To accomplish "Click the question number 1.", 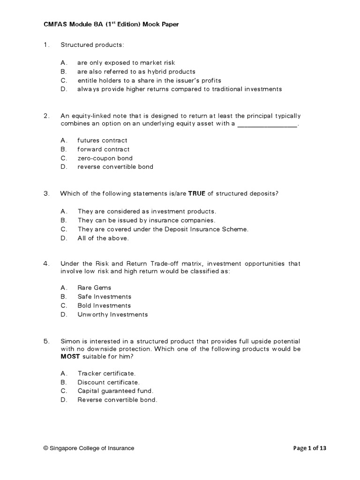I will [x=46, y=45].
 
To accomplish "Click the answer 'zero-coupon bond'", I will [x=105, y=158].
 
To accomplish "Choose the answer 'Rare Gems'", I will [x=94, y=288].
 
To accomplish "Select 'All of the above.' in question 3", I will [x=103, y=238].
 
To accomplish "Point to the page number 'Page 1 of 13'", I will [x=310, y=448].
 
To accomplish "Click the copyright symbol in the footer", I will [x=46, y=448].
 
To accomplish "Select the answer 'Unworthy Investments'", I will [x=112, y=315].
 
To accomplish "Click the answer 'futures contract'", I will [x=102, y=140].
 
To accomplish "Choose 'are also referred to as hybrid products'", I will [x=136, y=71].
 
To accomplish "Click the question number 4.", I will [x=46, y=264].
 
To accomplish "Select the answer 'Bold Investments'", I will [x=104, y=306].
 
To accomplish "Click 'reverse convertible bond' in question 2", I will [x=115, y=167].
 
